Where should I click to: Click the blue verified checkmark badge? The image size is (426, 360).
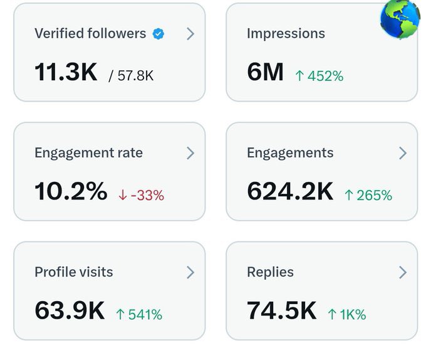(x=159, y=34)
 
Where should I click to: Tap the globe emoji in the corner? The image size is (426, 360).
(x=400, y=19)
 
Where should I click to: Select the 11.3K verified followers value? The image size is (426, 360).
(x=66, y=73)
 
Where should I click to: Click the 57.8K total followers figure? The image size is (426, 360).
(x=131, y=76)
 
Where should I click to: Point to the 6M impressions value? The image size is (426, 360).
(x=266, y=73)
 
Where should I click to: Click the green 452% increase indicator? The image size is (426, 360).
(x=319, y=76)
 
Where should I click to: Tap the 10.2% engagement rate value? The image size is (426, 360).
(x=71, y=192)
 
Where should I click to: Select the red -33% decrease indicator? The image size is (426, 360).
(x=141, y=195)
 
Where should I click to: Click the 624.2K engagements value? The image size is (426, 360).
(x=290, y=192)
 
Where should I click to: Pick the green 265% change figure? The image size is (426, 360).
(x=368, y=195)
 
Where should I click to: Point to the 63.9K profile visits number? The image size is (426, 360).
(x=70, y=311)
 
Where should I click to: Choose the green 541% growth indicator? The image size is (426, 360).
(x=139, y=314)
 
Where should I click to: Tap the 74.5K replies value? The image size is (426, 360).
(x=282, y=311)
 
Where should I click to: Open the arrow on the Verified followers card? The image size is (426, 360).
(x=190, y=34)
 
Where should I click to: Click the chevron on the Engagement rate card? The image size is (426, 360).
(x=190, y=153)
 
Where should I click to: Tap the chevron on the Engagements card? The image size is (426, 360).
(x=403, y=153)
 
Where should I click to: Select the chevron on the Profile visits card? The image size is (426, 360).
(x=190, y=272)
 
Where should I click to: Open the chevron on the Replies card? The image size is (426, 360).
(x=403, y=272)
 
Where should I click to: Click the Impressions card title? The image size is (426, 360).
(x=286, y=34)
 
